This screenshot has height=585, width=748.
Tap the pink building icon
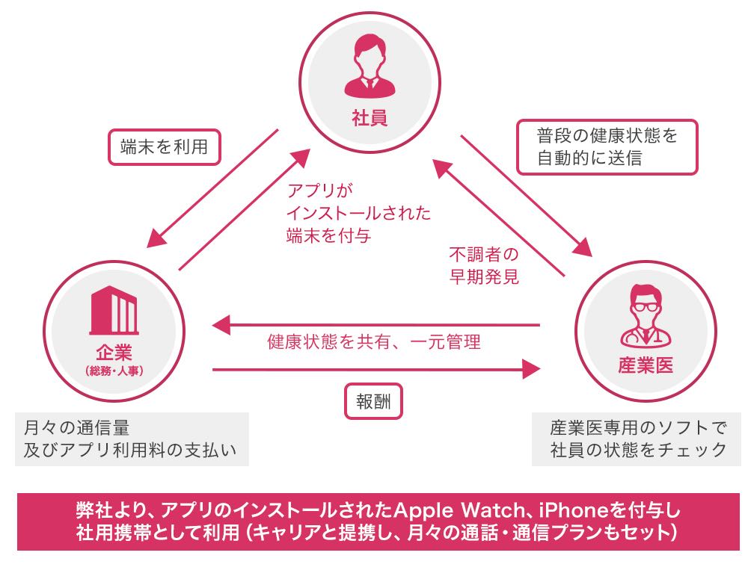(x=114, y=310)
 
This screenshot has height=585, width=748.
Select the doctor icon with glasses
(x=646, y=315)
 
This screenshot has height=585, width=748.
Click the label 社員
(x=370, y=117)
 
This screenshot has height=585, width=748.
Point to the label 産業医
(x=646, y=365)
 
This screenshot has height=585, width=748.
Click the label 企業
(x=114, y=353)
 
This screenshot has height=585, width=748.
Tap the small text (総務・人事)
(x=114, y=371)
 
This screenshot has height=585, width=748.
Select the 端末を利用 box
(x=165, y=147)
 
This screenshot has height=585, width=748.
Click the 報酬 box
(x=373, y=402)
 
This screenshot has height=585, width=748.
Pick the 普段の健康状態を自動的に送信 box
(x=607, y=147)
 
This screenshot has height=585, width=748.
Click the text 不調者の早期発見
(x=484, y=266)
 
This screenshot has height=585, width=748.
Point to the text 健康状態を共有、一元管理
(x=374, y=342)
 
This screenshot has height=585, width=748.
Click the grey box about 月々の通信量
(x=132, y=439)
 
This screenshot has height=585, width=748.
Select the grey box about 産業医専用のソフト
(x=638, y=439)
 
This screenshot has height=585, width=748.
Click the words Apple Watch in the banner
(x=459, y=511)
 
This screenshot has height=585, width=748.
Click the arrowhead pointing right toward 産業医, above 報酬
(x=531, y=369)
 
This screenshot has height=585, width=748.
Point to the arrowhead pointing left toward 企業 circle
(x=221, y=325)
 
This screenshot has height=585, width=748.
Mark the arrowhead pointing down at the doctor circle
(x=582, y=247)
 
